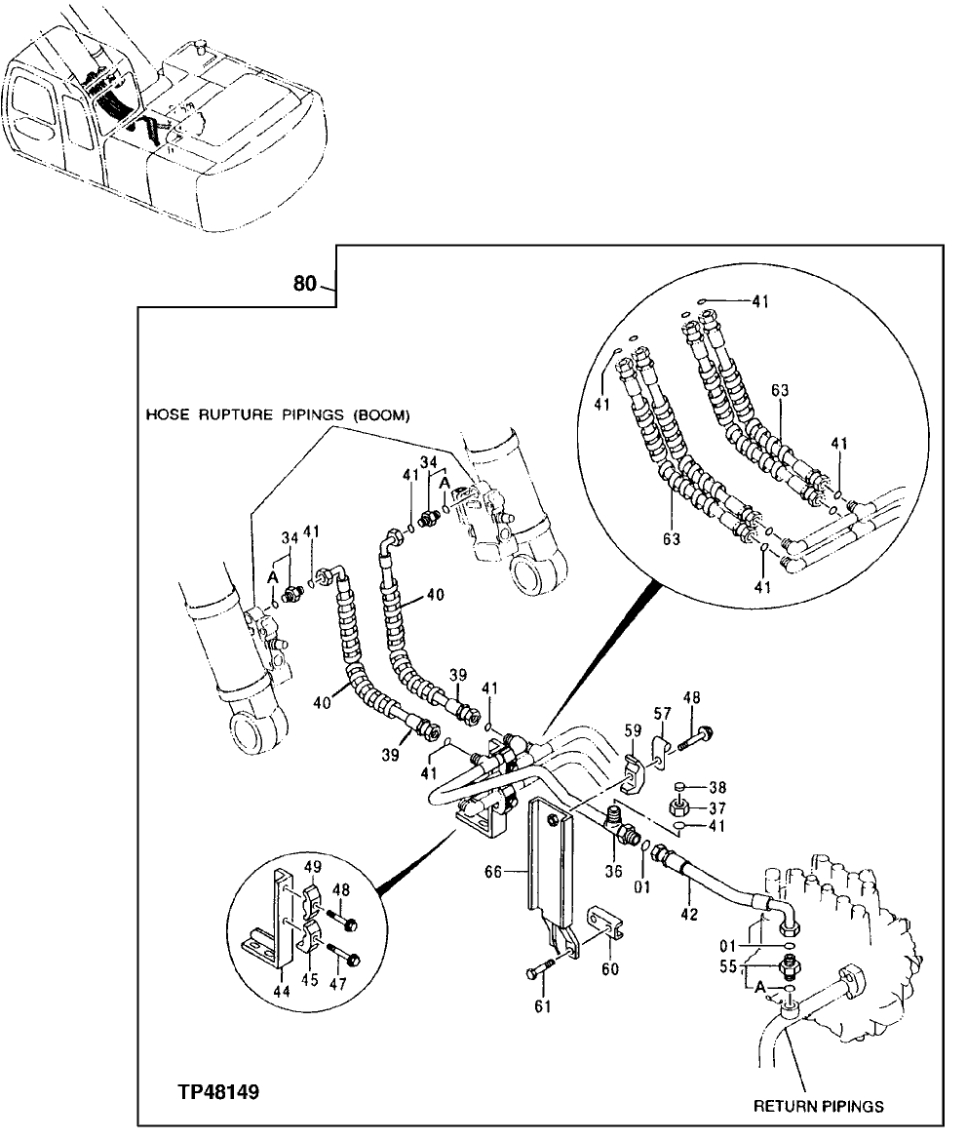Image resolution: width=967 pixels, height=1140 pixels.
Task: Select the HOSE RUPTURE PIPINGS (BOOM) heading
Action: (278, 414)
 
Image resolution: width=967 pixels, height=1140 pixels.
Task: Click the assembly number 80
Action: (305, 285)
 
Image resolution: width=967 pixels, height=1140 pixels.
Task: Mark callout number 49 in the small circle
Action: (312, 867)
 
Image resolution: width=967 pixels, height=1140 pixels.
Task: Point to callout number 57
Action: (663, 715)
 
